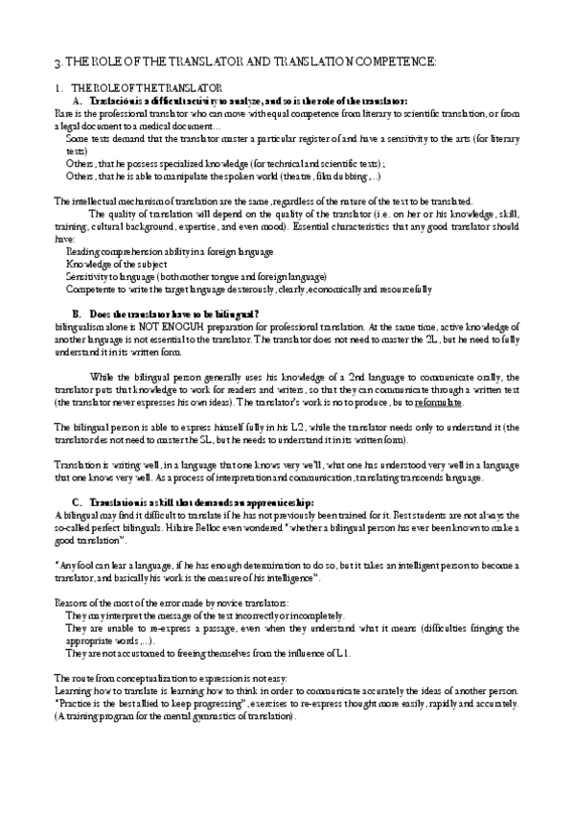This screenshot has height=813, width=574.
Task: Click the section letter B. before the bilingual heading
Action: click(x=77, y=314)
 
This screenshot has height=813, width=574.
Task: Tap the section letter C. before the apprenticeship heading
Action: click(x=77, y=502)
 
